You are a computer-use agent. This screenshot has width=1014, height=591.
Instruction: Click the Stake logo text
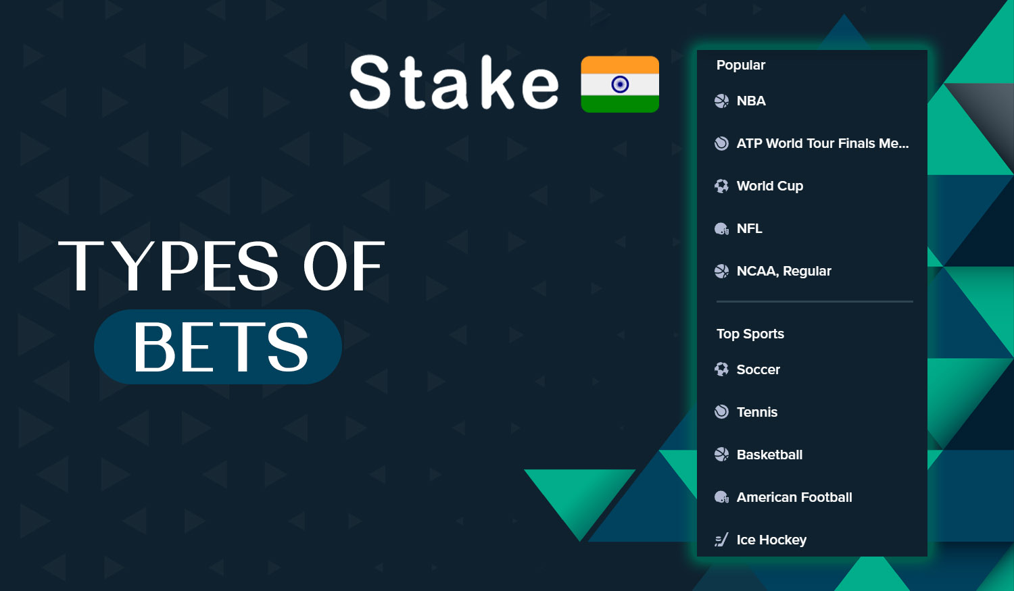point(454,83)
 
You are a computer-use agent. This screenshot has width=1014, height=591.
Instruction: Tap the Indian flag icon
point(620,84)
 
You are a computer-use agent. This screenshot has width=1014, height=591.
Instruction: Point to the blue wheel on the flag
point(620,84)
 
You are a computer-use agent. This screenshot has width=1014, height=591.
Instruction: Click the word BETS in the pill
point(220,347)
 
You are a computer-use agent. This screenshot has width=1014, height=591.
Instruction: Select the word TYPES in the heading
point(169,266)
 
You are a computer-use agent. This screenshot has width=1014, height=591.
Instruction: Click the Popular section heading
point(741,65)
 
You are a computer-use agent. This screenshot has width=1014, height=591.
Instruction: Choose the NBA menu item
point(751,101)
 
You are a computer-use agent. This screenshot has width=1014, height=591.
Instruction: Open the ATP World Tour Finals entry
point(822,143)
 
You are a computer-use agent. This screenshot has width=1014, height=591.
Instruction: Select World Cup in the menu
point(769,186)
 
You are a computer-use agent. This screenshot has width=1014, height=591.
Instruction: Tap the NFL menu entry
point(749,228)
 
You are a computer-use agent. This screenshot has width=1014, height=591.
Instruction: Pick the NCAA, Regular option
point(783,271)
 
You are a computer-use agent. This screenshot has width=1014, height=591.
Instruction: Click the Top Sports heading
point(750,334)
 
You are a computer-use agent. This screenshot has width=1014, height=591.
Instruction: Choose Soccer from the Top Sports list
point(758,369)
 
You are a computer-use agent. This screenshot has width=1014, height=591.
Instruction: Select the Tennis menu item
point(756,412)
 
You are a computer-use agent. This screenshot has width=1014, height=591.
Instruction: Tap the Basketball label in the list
point(769,455)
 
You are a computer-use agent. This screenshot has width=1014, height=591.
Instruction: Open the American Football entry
point(794,497)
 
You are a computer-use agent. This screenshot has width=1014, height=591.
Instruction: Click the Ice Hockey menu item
point(771,540)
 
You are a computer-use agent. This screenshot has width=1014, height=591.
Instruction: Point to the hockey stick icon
point(721,540)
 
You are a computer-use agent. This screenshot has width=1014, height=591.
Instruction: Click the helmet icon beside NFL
point(721,229)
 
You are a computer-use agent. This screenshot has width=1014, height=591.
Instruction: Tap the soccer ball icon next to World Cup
point(721,186)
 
